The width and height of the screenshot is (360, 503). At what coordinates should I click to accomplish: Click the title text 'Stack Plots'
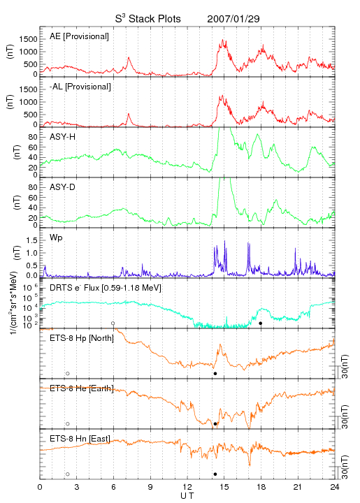coord(154,19)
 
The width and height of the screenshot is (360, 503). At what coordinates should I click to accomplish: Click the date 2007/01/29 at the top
coord(233,19)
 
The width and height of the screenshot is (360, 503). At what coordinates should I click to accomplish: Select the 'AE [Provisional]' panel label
coord(79,36)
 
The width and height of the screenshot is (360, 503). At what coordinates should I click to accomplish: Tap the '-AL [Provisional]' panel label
coord(80,87)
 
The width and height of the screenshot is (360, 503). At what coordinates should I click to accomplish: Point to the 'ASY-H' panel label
coord(63,137)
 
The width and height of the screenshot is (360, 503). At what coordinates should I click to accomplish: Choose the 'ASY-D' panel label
coord(63,187)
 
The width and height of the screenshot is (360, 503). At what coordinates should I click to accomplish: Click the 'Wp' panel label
coord(56,238)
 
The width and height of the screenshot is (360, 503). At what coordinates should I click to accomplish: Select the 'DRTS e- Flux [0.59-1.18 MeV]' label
coord(106,288)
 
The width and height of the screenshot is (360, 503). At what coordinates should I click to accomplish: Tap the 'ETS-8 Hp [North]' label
coord(82,338)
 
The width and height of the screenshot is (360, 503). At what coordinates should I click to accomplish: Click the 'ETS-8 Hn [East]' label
coord(80,439)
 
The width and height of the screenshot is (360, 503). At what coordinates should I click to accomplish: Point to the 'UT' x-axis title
coord(187,496)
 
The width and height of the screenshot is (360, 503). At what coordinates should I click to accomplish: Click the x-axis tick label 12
coord(187,487)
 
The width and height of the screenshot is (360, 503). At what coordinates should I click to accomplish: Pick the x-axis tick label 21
coord(298,487)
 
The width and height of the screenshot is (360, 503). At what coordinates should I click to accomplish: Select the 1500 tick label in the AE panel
coord(28,39)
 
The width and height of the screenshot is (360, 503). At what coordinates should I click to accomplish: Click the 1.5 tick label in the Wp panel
coord(31,240)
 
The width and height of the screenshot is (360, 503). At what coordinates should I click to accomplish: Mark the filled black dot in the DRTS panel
coord(261,323)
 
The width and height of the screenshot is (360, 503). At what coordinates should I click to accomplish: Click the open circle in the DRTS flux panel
coord(113,323)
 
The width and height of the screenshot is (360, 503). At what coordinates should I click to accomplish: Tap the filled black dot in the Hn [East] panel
coord(215,474)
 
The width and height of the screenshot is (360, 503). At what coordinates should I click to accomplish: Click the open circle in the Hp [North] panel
coord(68,374)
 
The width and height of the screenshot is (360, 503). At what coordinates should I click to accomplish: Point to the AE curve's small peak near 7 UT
coord(129,57)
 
